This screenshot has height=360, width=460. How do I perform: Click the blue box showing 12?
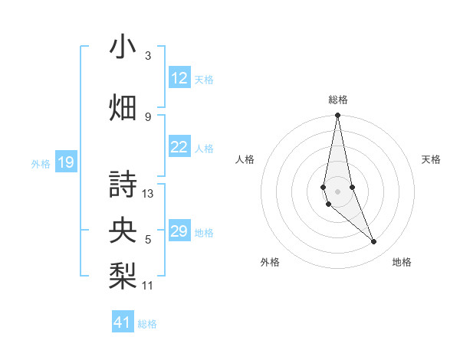[x=179, y=78]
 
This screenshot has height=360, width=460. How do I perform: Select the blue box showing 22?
[x=179, y=147]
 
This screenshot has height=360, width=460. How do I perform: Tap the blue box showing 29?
[x=179, y=231]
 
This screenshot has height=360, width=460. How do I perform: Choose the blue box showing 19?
[x=65, y=162]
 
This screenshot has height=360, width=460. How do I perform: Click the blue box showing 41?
[x=123, y=322]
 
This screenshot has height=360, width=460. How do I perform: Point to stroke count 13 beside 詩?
[x=148, y=194]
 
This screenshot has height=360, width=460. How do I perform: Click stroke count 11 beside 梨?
[x=148, y=286]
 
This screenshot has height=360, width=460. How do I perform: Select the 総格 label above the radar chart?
[x=337, y=100]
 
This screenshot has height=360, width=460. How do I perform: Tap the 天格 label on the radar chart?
[x=432, y=159]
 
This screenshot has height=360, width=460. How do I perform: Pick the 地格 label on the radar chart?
[x=402, y=262]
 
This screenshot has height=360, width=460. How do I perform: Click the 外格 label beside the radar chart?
[x=270, y=262]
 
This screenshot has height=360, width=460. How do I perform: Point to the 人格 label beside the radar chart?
[x=245, y=159]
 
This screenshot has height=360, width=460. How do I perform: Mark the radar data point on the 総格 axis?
[x=337, y=116]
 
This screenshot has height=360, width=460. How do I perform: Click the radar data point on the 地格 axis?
[x=374, y=242]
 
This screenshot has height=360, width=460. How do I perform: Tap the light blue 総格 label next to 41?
[x=147, y=324]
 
